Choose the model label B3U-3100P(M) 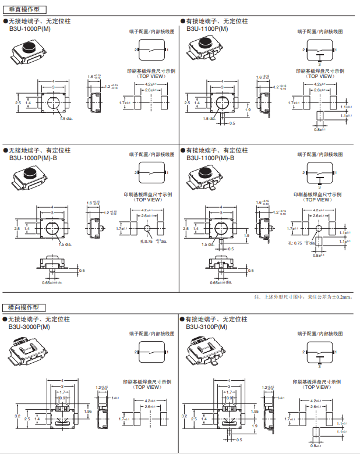click(207, 327)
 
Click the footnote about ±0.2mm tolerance click(303, 297)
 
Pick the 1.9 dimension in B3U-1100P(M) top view click(248, 109)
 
